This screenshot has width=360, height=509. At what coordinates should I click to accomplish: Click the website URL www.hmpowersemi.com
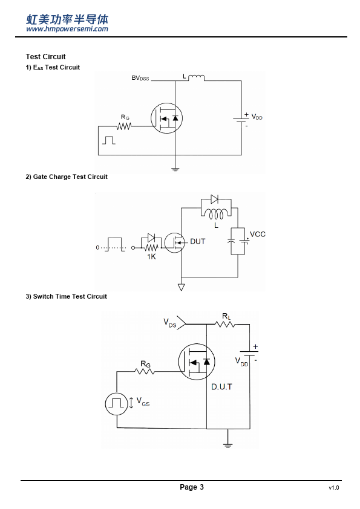tap(67, 29)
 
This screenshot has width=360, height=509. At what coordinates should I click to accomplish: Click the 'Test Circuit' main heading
tap(46, 57)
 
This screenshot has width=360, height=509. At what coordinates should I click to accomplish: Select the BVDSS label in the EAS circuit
tap(140, 78)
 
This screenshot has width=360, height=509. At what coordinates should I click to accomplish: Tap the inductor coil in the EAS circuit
tap(197, 77)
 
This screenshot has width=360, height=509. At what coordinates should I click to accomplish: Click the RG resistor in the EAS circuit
tap(124, 126)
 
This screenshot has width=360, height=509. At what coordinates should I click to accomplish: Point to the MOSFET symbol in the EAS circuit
tap(166, 118)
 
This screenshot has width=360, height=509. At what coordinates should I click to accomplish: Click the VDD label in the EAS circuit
tap(257, 117)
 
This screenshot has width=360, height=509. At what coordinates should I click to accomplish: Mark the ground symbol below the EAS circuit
tap(175, 169)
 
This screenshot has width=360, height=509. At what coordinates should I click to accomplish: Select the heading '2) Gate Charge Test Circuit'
tap(67, 177)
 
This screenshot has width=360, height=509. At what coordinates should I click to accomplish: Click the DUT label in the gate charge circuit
tap(197, 242)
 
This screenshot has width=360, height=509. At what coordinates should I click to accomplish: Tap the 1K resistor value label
tap(151, 257)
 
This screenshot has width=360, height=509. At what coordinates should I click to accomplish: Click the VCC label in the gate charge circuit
tap(258, 235)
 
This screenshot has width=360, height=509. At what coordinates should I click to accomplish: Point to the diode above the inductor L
tap(214, 199)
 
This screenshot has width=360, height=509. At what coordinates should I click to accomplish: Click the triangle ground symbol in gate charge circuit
tap(182, 287)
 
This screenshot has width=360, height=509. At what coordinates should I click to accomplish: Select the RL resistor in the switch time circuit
tap(225, 324)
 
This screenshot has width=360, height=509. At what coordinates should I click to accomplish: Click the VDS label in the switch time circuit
tap(169, 323)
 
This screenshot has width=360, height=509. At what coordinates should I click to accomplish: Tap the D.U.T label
tap(221, 387)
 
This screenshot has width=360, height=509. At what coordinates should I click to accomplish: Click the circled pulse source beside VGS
tap(116, 404)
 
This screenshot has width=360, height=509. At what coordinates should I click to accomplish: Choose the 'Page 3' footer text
tap(192, 487)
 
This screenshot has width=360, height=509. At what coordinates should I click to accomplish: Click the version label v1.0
tap(334, 488)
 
